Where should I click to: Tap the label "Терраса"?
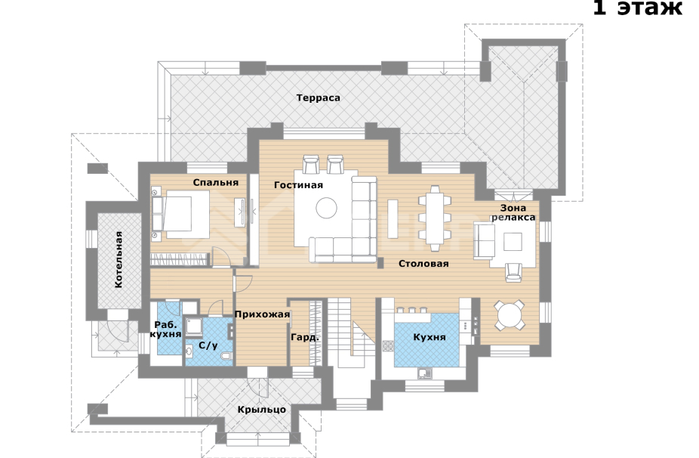318,97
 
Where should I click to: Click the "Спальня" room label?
216,182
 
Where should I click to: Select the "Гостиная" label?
298,184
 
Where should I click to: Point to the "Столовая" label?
423,264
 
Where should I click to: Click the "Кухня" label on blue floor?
430,337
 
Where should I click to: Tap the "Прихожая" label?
262,314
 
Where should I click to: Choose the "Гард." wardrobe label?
305,338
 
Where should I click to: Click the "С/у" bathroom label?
208,345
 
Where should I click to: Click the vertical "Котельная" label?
119,260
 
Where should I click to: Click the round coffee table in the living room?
327,208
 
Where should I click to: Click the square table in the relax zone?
513,241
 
